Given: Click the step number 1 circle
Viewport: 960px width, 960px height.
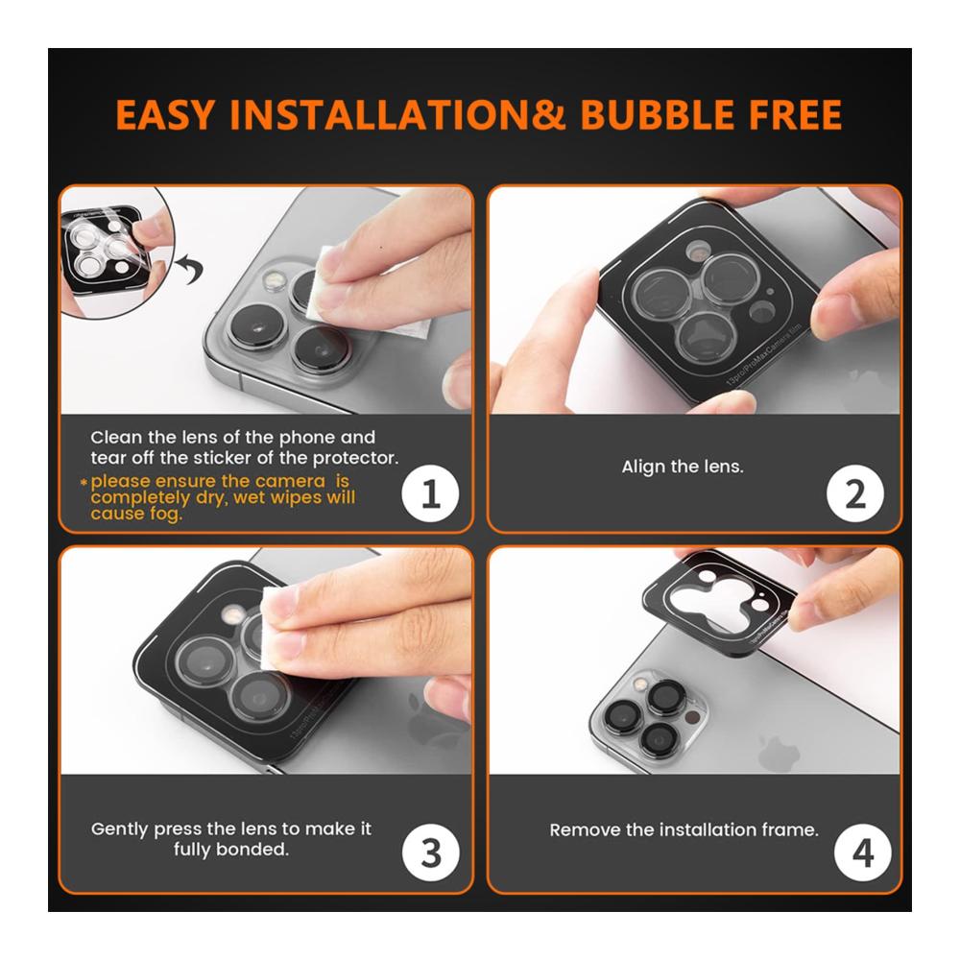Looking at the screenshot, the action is coord(430,493).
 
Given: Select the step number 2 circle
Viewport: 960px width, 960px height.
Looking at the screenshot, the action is coord(855,493).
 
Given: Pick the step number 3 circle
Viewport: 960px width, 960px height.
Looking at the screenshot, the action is coord(431,852).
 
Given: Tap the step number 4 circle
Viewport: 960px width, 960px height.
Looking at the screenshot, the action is coord(863,852).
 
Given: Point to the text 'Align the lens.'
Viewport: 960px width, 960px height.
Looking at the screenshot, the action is coord(683,467).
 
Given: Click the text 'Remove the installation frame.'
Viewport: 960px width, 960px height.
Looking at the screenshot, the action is coord(684,829).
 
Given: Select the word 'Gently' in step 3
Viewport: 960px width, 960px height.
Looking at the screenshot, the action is coord(120,829).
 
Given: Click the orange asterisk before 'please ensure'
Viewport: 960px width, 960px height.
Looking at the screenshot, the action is coord(84,483).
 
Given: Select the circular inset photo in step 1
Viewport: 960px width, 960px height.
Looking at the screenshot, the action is coord(116,252).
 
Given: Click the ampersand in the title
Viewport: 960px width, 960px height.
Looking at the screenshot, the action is coord(548,115).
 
